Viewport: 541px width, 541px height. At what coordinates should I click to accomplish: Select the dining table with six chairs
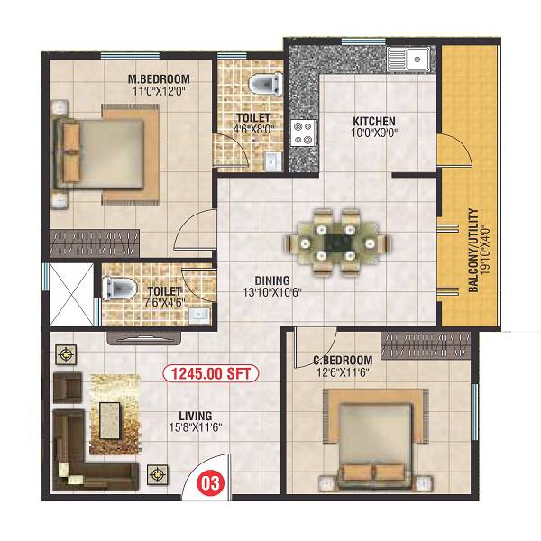(338, 242)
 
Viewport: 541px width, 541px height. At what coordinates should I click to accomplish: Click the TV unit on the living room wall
(145, 337)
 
